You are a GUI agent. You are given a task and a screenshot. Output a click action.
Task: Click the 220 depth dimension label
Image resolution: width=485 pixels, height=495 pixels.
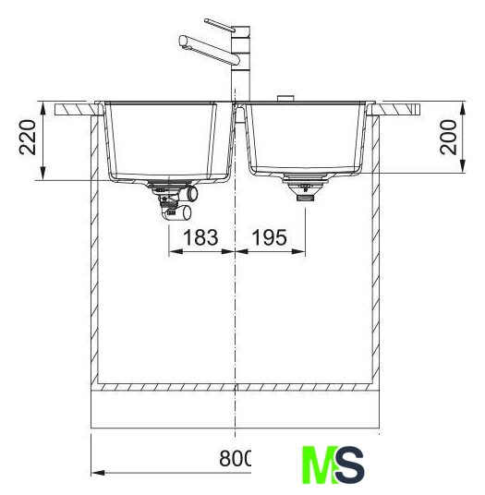[x=27, y=137]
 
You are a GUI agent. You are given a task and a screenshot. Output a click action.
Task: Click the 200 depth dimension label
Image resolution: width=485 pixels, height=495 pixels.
[x=448, y=137]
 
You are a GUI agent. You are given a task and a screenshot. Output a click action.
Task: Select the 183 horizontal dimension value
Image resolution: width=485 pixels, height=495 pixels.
[x=200, y=237]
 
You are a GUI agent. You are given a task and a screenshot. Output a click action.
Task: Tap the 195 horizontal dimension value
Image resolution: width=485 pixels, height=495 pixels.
[x=270, y=237]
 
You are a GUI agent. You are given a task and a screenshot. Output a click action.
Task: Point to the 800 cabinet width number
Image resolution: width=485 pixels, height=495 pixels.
[x=235, y=458]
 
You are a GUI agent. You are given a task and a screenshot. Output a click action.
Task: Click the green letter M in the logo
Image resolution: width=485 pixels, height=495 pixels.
[x=320, y=465]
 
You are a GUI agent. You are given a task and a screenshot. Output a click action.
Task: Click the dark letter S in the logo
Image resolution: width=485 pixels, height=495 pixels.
[x=349, y=465]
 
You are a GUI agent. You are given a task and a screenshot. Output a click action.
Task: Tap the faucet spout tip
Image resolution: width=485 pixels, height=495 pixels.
[x=184, y=42]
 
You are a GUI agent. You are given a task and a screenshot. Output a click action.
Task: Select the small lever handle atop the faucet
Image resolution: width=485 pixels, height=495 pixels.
[x=220, y=25]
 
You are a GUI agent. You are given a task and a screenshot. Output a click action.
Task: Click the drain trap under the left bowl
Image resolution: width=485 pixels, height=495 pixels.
[x=173, y=199]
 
